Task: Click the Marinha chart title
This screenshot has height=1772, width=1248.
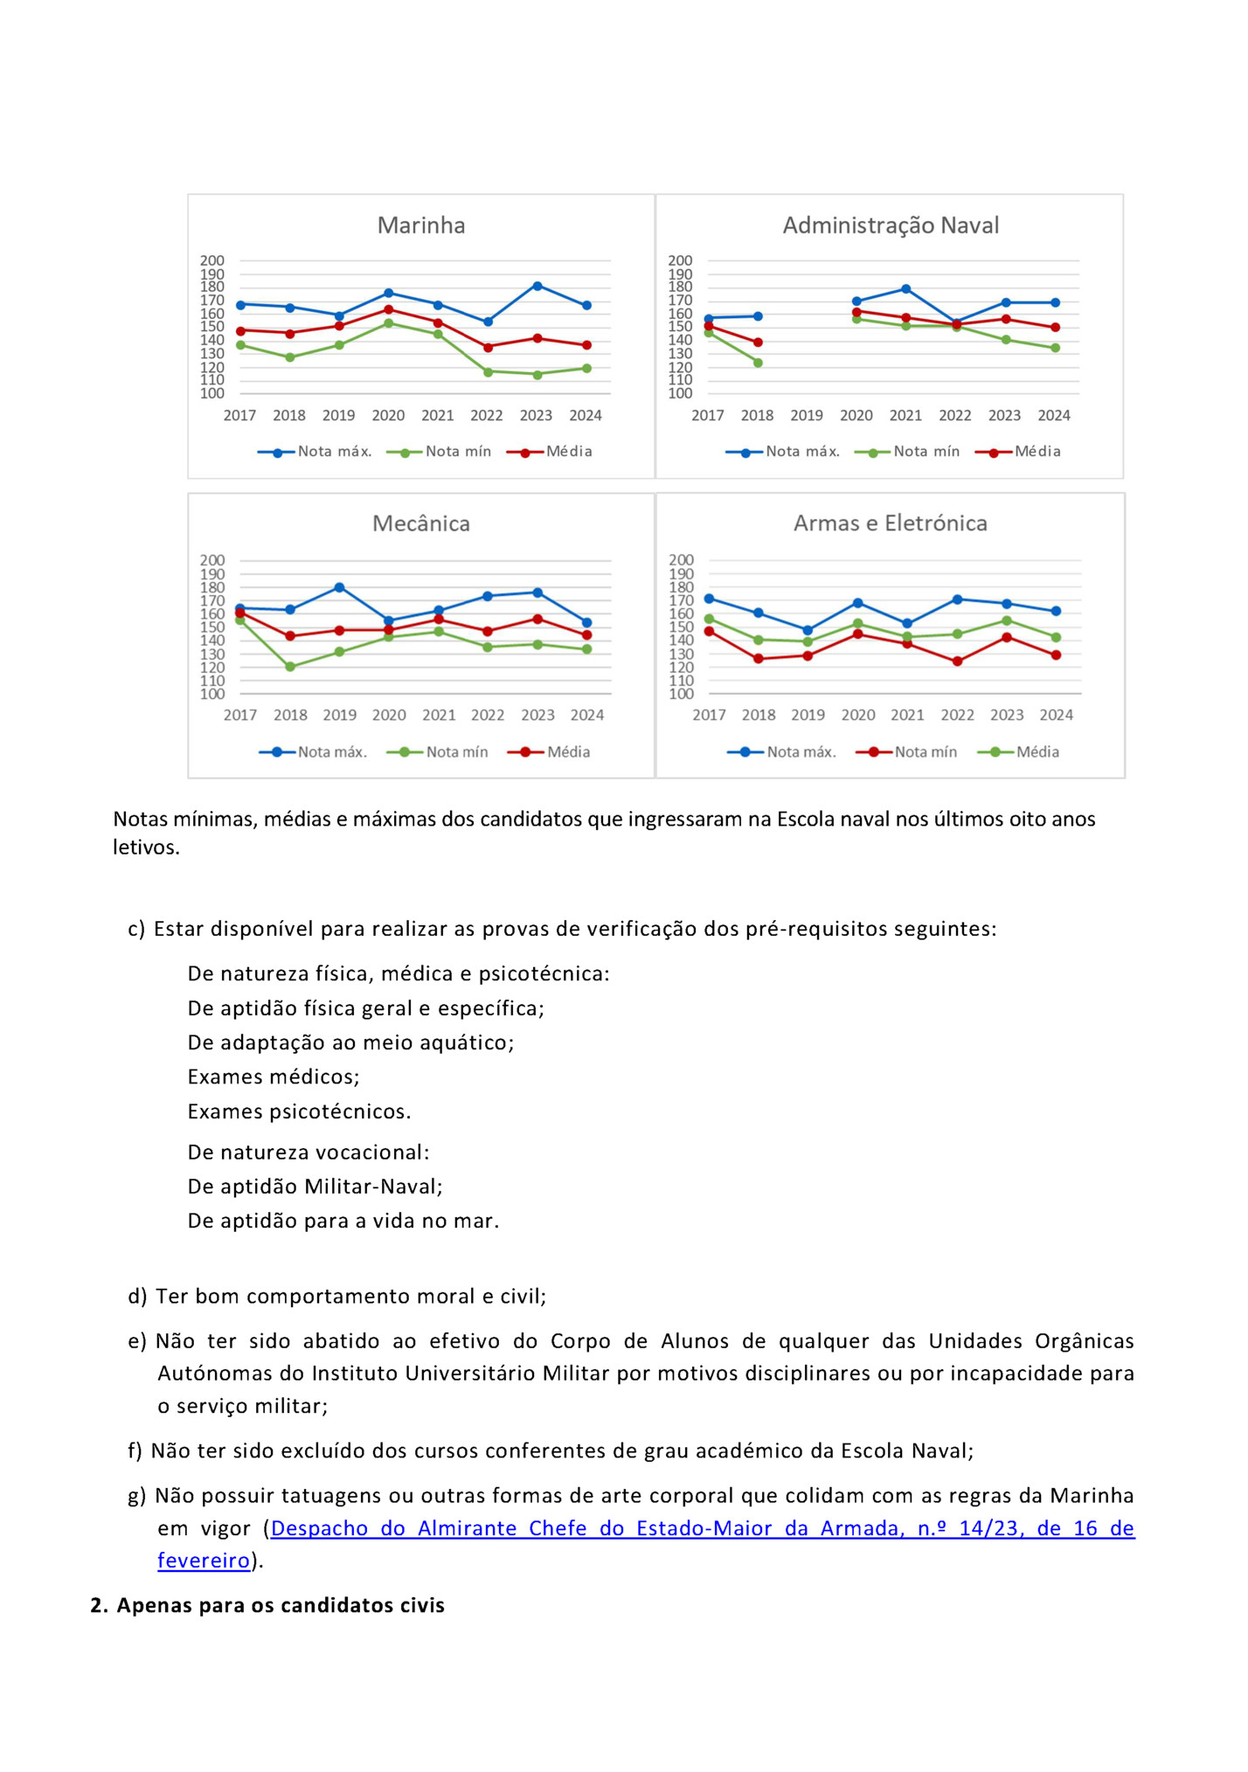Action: tap(420, 225)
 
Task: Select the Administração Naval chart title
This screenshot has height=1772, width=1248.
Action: tap(890, 225)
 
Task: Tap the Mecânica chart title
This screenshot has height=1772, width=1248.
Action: tap(420, 523)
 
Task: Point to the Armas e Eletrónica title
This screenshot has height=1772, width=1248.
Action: tap(890, 523)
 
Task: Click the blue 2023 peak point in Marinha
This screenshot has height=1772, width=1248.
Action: tap(537, 286)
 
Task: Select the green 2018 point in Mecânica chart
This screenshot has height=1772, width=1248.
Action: tap(290, 667)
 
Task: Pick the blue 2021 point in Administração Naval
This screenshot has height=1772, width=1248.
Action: tap(906, 289)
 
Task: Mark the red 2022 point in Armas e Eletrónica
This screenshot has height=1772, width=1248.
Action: tap(958, 661)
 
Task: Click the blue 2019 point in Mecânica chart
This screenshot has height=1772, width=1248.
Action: tap(339, 587)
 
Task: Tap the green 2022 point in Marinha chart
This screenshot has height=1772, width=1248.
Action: tap(488, 371)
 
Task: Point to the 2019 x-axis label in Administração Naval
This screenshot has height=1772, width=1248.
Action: tap(807, 416)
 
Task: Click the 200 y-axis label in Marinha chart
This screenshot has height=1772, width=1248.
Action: tap(212, 260)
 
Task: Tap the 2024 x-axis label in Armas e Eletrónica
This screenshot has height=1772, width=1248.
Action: tap(1056, 716)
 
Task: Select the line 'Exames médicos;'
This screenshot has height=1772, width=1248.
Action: tap(274, 1076)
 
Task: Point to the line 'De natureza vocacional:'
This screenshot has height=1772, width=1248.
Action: tap(309, 1152)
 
